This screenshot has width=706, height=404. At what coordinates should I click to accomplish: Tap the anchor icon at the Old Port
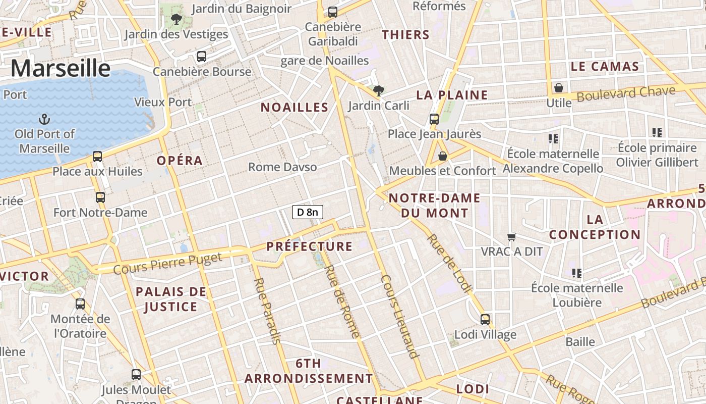coord(44,120)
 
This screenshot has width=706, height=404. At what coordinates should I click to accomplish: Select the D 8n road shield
coord(307,212)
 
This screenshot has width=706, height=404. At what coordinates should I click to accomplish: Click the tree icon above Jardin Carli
coord(378,91)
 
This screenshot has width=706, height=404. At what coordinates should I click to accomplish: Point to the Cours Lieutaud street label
coord(400,317)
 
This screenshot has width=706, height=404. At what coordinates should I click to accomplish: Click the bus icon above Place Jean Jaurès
coord(434,119)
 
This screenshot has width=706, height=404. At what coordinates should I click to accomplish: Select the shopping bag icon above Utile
coord(559,88)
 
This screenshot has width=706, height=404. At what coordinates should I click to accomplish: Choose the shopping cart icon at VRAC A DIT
coord(512,237)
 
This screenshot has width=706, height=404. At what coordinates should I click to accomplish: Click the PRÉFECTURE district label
coord(309,246)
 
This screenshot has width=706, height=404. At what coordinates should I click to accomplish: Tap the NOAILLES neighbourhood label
coord(295,107)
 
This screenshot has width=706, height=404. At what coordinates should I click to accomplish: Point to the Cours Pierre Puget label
coord(167,264)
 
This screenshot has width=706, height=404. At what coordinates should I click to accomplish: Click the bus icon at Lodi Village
coord(485,319)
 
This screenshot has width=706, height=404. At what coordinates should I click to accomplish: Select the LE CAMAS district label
coord(605,66)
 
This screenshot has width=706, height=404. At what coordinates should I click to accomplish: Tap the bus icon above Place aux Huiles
coord(97,157)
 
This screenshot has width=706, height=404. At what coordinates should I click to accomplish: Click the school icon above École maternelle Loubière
coord(577,273)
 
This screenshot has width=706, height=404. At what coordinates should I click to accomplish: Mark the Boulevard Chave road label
coord(626,94)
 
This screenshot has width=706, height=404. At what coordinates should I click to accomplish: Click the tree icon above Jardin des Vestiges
coord(176,20)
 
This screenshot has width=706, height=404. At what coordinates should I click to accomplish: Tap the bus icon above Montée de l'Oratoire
coord(80,304)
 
